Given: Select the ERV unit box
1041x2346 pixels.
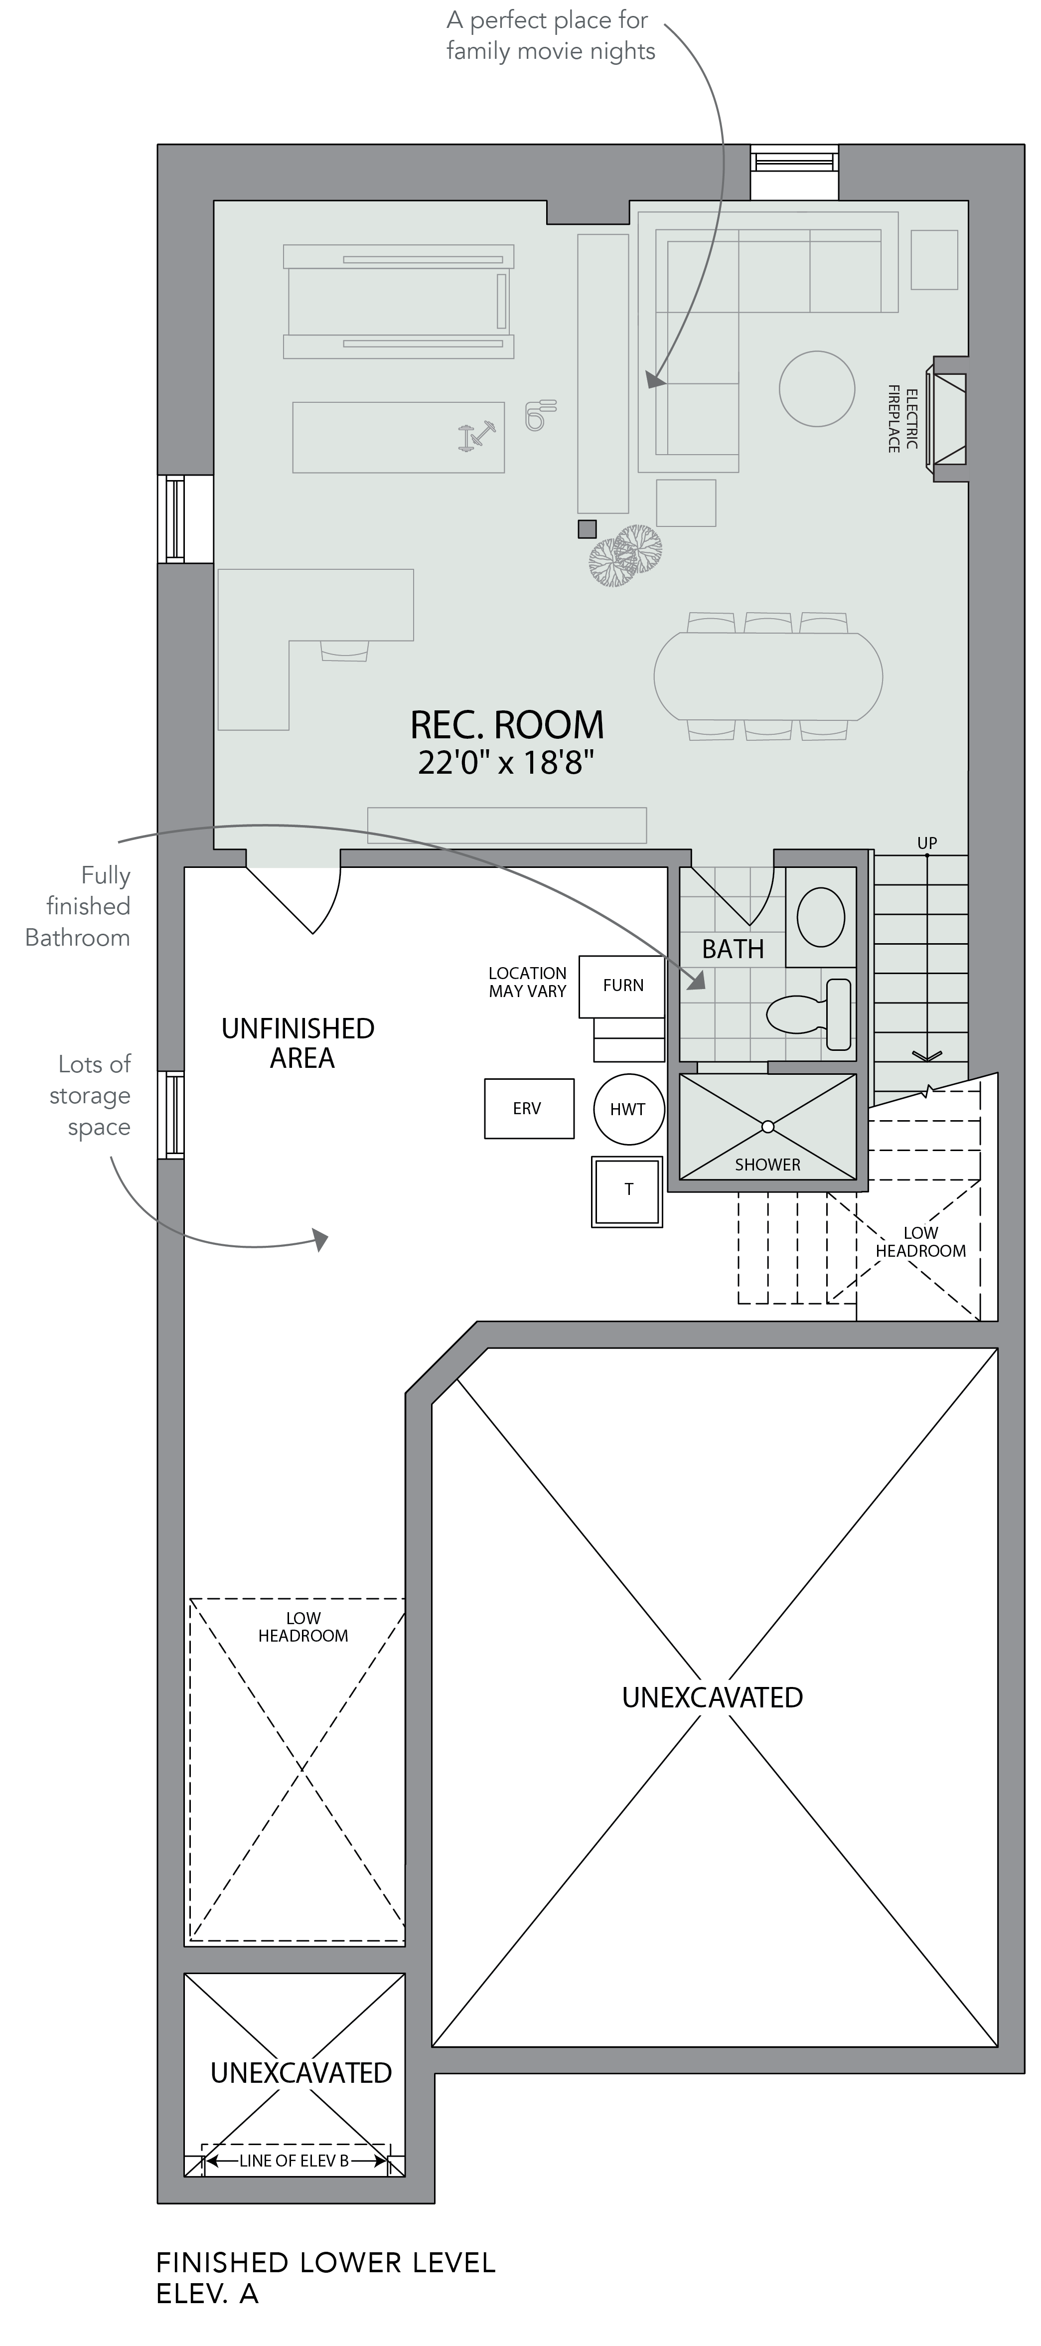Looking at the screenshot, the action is point(529,1108).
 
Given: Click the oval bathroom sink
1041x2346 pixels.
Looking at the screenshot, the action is point(821,917).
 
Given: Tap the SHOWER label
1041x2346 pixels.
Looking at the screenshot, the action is point(768,1165).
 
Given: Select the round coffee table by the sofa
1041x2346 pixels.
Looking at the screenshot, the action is point(817,389).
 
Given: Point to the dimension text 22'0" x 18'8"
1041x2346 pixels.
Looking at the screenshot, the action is point(506,762).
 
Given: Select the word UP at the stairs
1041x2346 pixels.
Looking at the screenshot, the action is point(927,843).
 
